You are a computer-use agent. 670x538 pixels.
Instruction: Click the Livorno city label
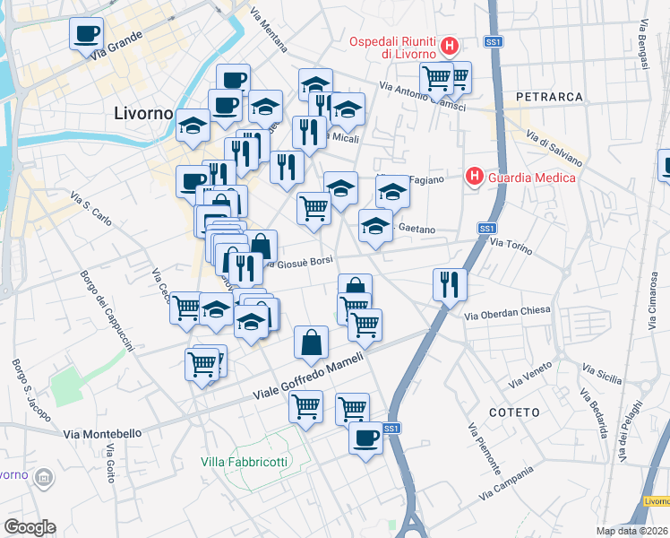(143, 114)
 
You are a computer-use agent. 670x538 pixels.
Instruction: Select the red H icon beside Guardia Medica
(475, 178)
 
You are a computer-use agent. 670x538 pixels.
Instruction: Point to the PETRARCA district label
(549, 96)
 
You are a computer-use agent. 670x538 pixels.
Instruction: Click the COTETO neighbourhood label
(515, 412)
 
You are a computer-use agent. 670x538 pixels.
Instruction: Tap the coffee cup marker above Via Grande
(87, 34)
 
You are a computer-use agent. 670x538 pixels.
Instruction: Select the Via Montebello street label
(103, 433)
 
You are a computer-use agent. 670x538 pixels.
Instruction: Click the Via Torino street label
(511, 244)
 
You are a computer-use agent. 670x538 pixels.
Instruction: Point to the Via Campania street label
(511, 482)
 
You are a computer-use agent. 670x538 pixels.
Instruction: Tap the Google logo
(30, 527)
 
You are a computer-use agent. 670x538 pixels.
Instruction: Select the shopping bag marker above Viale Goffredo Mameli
(311, 342)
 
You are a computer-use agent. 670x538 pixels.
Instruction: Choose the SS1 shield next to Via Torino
(486, 230)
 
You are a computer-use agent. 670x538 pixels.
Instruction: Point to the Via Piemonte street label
(484, 448)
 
